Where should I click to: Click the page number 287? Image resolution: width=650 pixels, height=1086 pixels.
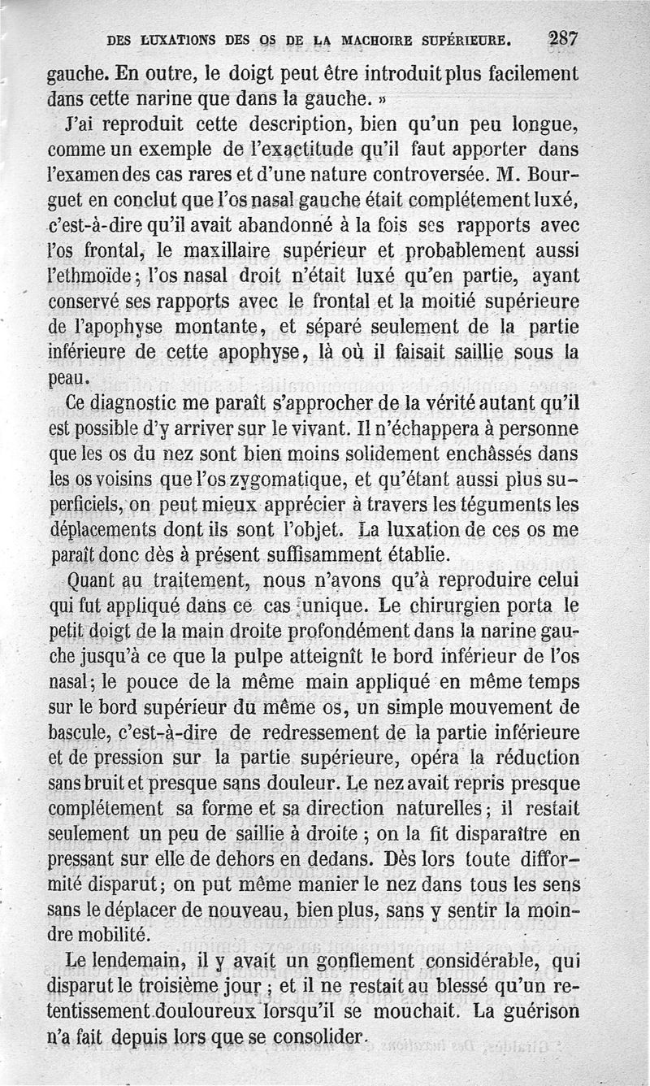tap(563, 38)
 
